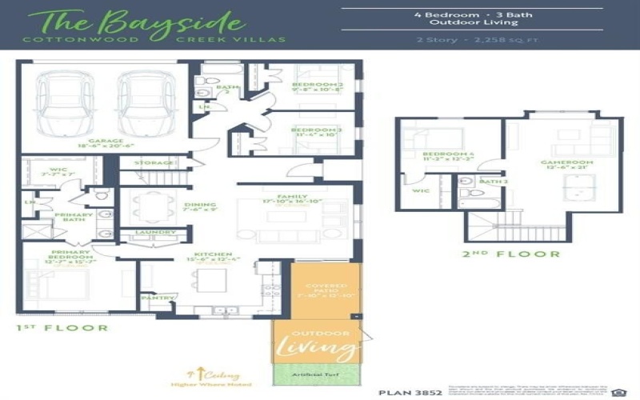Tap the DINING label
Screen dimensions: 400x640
point(199,206)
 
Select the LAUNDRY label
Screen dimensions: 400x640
point(156,233)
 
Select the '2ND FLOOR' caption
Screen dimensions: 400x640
point(510,254)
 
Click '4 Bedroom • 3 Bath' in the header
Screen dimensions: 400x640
point(473,15)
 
